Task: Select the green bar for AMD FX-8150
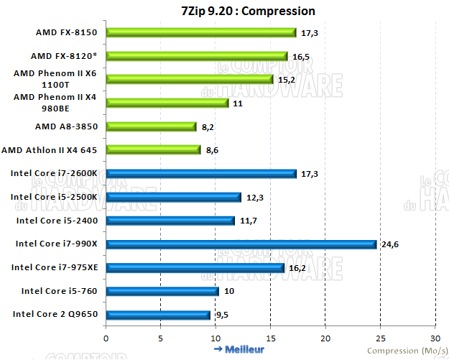(x=201, y=32)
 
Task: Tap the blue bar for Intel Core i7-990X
(x=241, y=244)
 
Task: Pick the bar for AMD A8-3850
(x=151, y=126)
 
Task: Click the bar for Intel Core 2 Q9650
(x=158, y=314)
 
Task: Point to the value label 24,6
(x=389, y=244)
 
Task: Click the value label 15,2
(x=286, y=80)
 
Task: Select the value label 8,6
(x=213, y=150)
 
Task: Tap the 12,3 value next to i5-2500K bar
(x=254, y=197)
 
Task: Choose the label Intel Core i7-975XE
(x=55, y=267)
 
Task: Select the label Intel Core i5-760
(x=65, y=291)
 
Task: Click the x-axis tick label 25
(x=380, y=338)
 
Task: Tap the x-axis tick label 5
(x=161, y=338)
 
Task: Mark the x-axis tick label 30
(x=435, y=338)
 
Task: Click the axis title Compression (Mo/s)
(x=404, y=351)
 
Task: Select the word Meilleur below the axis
(x=245, y=349)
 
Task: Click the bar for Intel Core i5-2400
(x=170, y=221)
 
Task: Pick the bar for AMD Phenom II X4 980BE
(x=167, y=103)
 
